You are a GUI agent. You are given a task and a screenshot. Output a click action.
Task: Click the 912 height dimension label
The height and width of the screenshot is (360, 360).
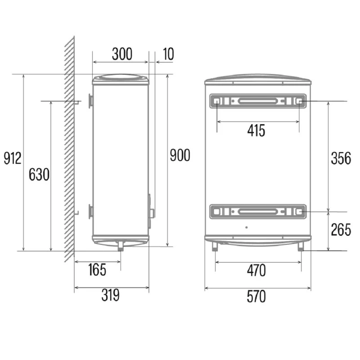click(x=13, y=158)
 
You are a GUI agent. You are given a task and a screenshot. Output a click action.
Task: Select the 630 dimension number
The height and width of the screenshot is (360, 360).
click(x=39, y=175)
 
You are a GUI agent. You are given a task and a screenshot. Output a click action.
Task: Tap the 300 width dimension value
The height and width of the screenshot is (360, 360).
click(x=122, y=54)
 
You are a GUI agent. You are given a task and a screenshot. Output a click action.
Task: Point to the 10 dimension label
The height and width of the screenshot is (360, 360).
click(x=168, y=54)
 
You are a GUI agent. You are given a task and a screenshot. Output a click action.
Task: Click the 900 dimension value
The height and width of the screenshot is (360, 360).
click(x=180, y=155)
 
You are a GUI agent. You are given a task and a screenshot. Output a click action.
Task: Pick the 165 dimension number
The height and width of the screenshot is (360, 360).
click(x=97, y=270)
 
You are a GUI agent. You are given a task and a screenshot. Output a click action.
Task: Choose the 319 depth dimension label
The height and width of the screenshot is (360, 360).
click(x=111, y=295)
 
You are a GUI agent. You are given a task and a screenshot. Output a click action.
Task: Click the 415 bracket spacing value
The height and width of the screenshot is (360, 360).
click(x=256, y=130)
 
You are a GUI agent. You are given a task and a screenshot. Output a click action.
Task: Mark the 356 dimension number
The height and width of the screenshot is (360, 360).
click(x=341, y=158)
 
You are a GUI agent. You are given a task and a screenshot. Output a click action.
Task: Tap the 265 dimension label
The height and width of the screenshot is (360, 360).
click(x=341, y=229)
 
